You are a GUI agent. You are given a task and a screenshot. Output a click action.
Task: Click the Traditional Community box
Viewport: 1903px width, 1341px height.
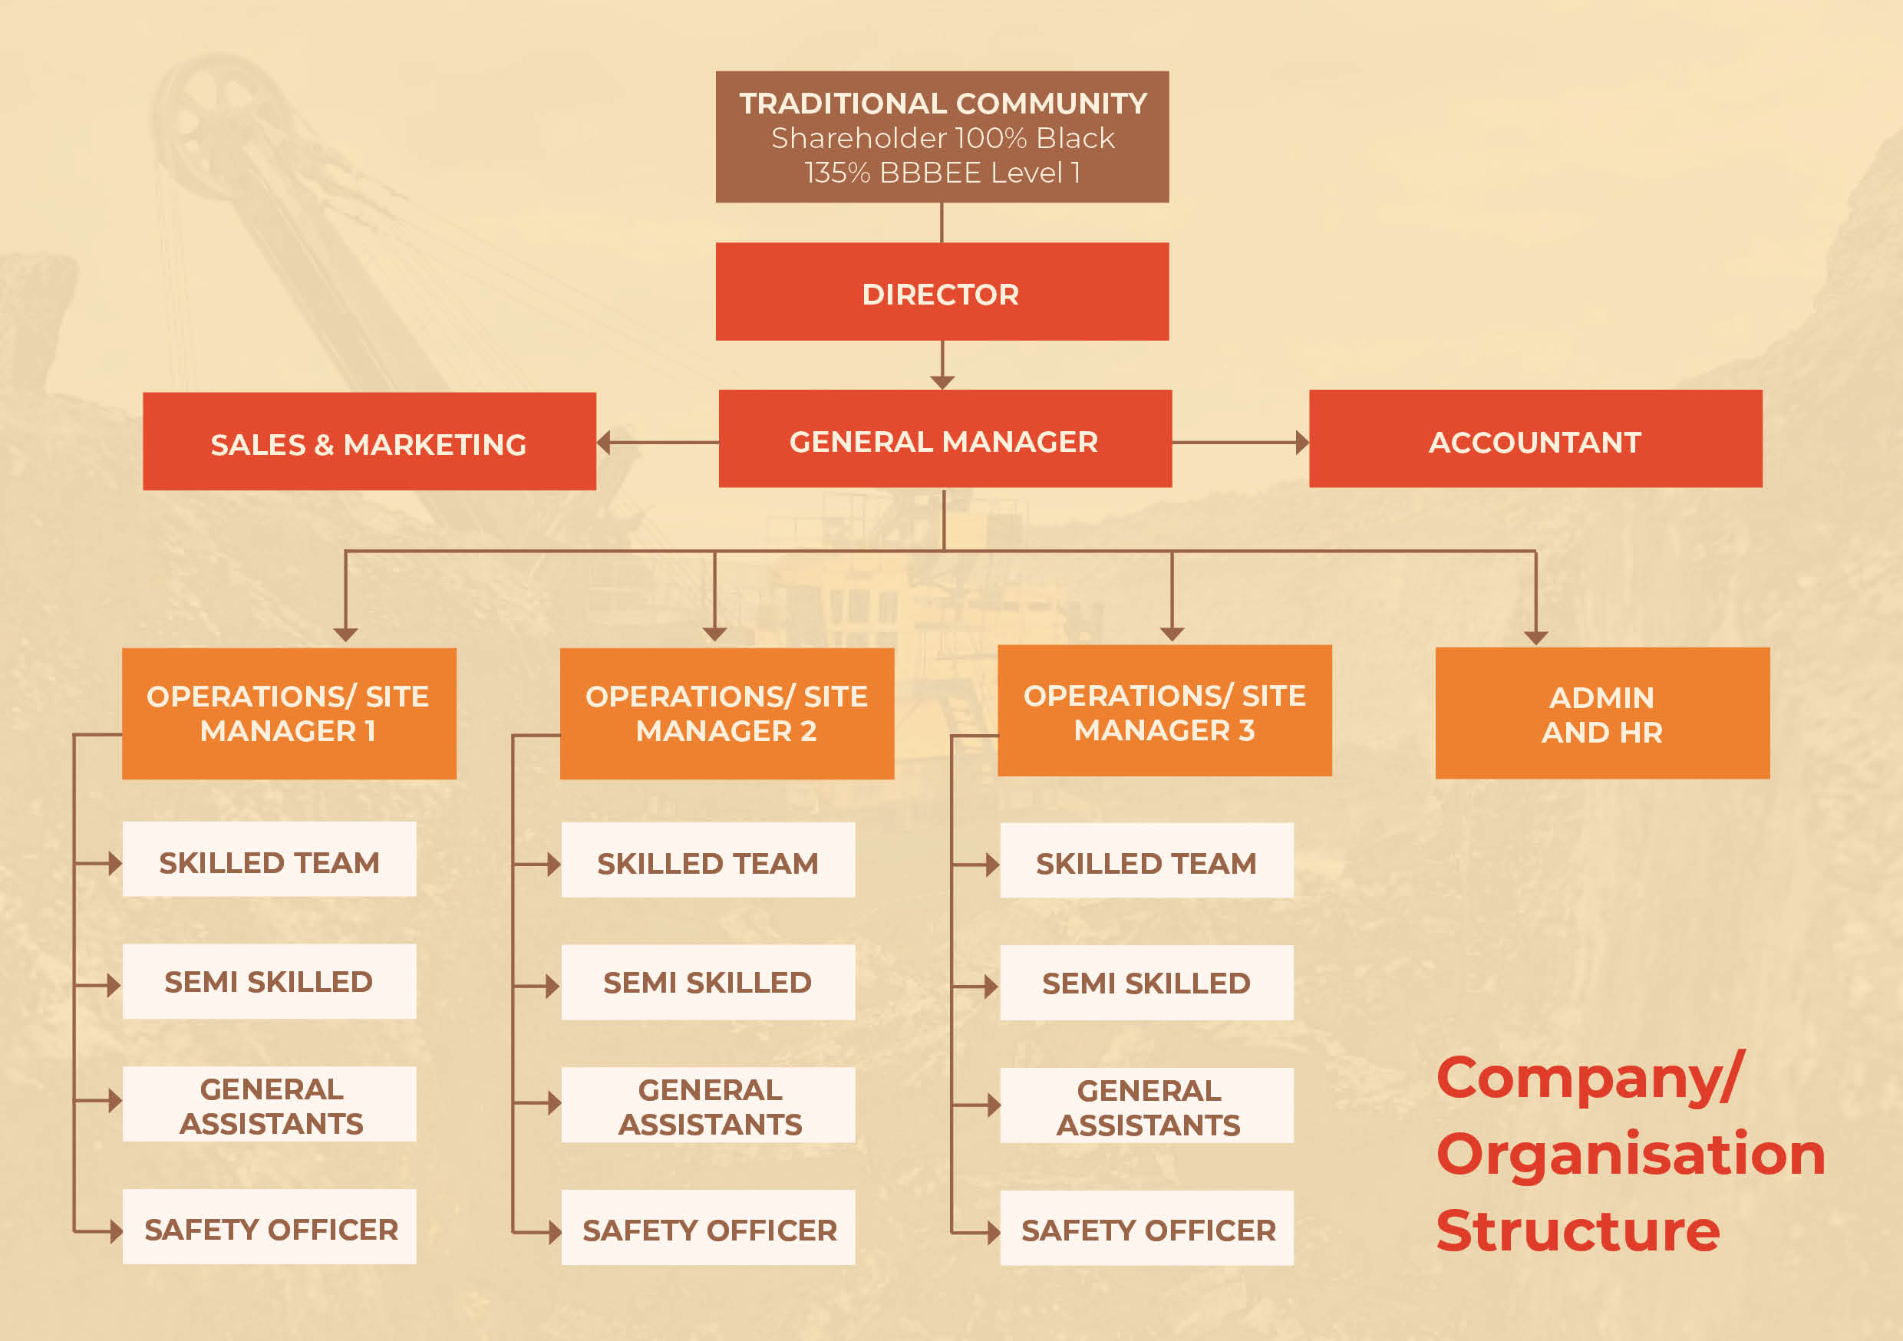coord(942,137)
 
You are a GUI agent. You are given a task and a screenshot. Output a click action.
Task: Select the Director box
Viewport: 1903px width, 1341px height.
coord(942,292)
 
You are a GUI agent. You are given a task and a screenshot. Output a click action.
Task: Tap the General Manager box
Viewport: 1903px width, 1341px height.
coord(945,439)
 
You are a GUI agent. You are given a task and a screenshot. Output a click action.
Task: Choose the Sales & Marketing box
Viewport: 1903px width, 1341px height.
coord(370,441)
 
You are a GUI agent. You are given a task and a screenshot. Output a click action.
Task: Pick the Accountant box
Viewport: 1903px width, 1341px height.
coord(1535,439)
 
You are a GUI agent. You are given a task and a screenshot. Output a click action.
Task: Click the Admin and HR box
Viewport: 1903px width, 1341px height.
coord(1603,713)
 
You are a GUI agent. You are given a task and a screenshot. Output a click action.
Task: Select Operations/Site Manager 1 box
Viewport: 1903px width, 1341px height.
coord(289,713)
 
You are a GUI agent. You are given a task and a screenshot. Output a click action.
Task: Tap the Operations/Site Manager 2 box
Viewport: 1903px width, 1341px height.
coord(727,713)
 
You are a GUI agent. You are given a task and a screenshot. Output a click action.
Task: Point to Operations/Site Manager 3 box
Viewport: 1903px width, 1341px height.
coord(1165,710)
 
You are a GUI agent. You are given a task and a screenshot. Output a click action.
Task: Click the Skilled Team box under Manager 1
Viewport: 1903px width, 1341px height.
coord(269,858)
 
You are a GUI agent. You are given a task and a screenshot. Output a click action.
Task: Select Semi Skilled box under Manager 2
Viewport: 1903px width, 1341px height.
coord(707,982)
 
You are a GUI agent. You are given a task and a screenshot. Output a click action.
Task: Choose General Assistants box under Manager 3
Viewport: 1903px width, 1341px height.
coord(1147,1105)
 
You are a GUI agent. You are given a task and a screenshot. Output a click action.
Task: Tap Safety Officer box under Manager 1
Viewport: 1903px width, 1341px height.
coord(269,1227)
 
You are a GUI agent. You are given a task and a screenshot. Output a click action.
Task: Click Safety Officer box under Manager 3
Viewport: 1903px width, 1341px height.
coord(1147,1228)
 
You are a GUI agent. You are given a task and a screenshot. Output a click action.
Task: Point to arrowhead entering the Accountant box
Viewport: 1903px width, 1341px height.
coord(1303,443)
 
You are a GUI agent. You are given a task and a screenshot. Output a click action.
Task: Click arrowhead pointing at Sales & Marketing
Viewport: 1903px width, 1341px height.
coord(603,443)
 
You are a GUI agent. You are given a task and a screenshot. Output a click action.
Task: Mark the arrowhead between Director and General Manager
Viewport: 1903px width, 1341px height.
coord(942,382)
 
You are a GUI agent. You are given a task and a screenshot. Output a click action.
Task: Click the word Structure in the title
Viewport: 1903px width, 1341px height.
coord(1578,1231)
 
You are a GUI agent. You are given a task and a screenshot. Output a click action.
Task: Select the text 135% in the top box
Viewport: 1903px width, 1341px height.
coord(837,173)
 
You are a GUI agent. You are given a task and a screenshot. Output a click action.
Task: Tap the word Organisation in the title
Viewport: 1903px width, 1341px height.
coord(1631,1154)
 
